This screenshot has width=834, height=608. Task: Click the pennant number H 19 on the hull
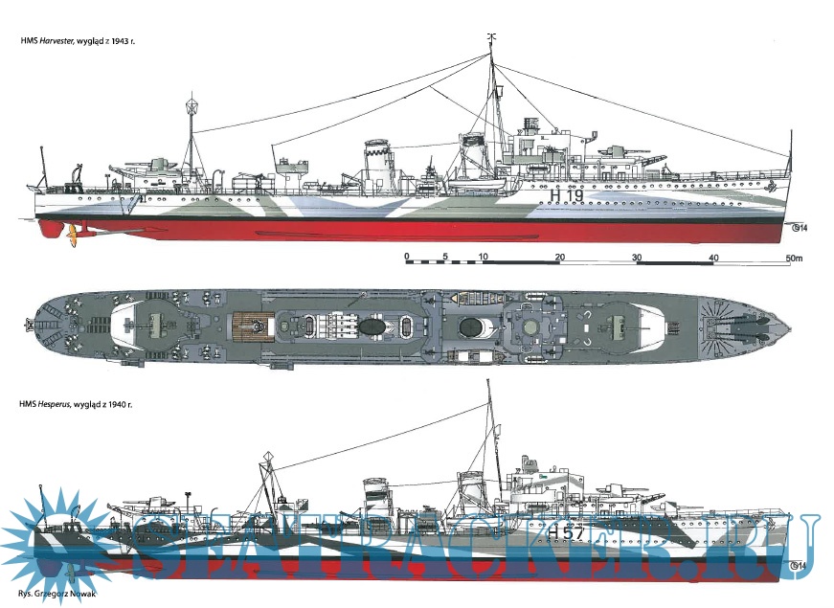(567, 195)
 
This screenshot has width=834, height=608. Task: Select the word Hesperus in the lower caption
(68, 406)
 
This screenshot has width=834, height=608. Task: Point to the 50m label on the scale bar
(793, 258)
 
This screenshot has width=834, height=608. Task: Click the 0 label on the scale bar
(407, 258)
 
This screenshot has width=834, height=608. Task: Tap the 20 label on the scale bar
(559, 258)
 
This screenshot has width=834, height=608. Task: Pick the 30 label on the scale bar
(636, 258)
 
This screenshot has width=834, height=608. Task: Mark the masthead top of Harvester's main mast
(490, 38)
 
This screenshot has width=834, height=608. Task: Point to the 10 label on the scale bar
(484, 258)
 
